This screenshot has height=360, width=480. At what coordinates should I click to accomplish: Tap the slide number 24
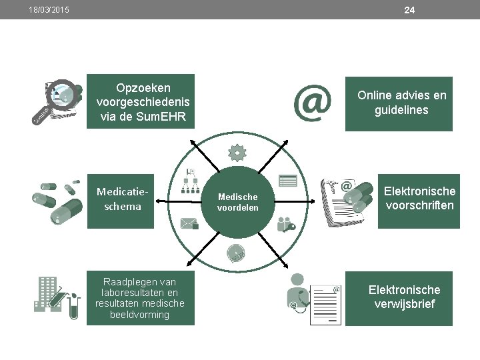click(x=409, y=10)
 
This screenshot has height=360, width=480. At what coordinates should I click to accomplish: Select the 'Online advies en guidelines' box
click(x=401, y=103)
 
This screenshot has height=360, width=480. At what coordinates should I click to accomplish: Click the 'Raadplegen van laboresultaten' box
click(x=141, y=298)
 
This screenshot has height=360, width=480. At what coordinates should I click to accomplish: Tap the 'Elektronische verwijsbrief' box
click(x=404, y=298)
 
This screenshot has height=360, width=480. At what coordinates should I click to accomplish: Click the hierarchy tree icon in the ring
click(x=191, y=179)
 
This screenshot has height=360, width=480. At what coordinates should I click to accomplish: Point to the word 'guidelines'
click(x=401, y=111)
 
